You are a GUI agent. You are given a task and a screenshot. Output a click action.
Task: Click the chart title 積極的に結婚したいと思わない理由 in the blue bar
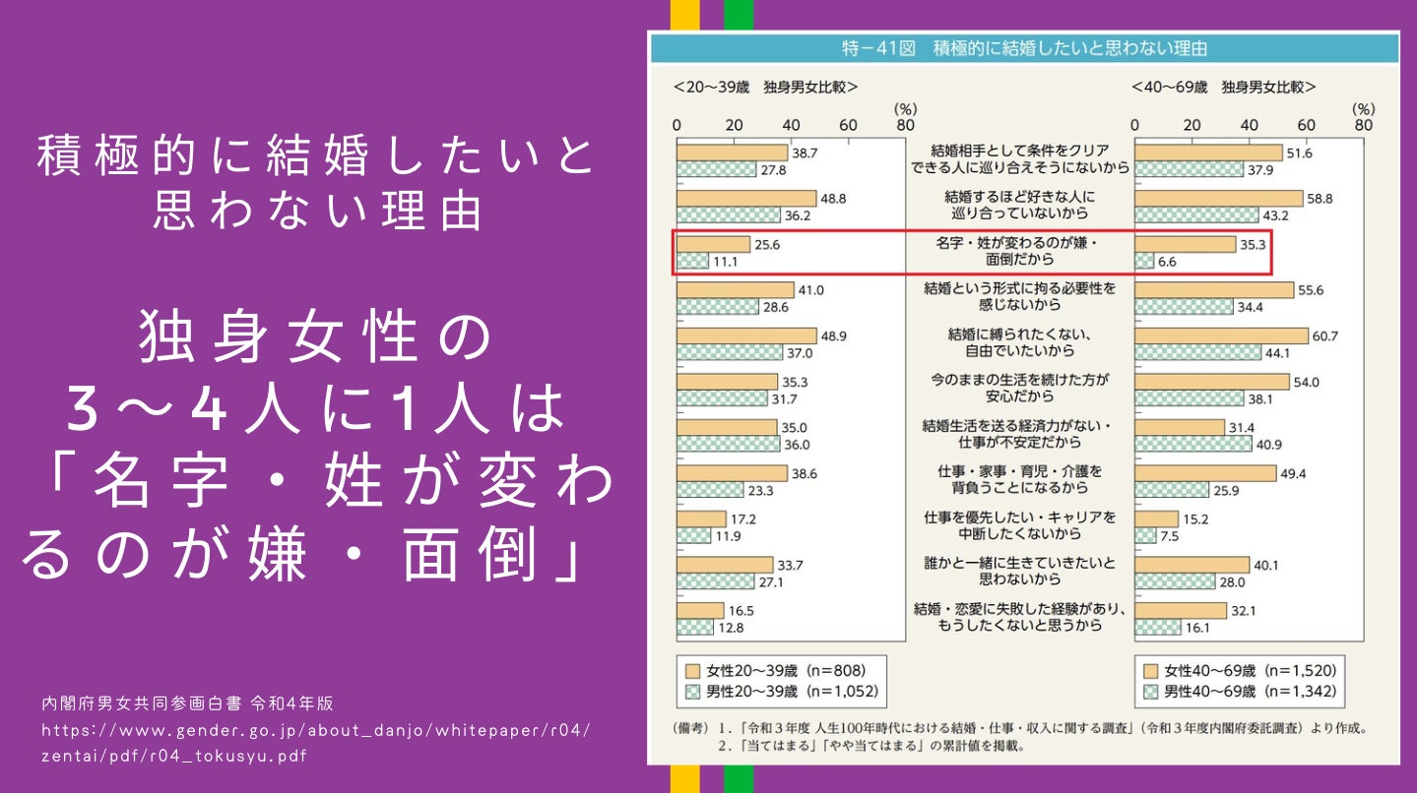click(1024, 48)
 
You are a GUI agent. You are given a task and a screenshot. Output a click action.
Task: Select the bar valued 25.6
click(713, 244)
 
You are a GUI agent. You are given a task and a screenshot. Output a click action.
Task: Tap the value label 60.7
click(1324, 335)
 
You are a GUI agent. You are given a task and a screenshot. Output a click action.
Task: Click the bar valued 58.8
click(1218, 199)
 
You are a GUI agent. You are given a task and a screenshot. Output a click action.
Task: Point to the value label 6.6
click(1168, 263)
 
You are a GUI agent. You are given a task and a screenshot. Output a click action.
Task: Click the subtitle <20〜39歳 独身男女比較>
click(765, 87)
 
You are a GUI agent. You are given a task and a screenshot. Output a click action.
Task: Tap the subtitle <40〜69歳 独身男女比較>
click(1224, 87)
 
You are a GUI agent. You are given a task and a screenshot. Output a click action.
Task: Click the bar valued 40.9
click(1192, 444)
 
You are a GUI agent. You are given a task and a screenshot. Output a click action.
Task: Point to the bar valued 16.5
click(700, 610)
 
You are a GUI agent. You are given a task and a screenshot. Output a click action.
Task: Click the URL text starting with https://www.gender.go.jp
click(316, 745)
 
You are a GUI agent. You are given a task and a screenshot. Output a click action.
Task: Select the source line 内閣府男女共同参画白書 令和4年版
click(187, 703)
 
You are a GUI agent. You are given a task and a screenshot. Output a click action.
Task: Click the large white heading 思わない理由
click(316, 212)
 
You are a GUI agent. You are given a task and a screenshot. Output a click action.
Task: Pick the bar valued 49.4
click(1205, 473)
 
